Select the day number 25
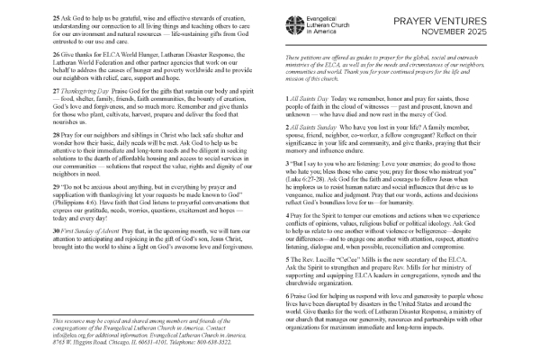[57, 18]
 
